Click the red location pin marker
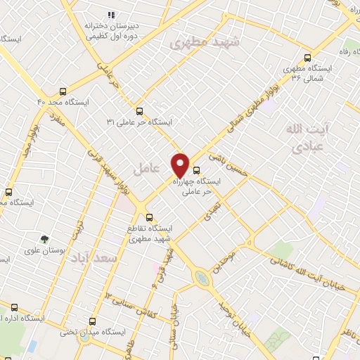point(181,165)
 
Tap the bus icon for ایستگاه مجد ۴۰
point(63,91)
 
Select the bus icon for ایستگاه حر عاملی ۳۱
point(139,111)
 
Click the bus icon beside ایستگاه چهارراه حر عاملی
point(196,169)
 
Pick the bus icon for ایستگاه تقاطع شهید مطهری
point(148,217)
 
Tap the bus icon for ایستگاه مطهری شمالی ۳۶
point(307,58)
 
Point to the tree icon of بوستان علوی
point(45,239)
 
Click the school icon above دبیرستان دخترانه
point(110,15)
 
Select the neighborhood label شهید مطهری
point(205,43)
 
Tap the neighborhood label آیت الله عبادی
point(303,138)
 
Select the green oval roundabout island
point(202,278)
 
